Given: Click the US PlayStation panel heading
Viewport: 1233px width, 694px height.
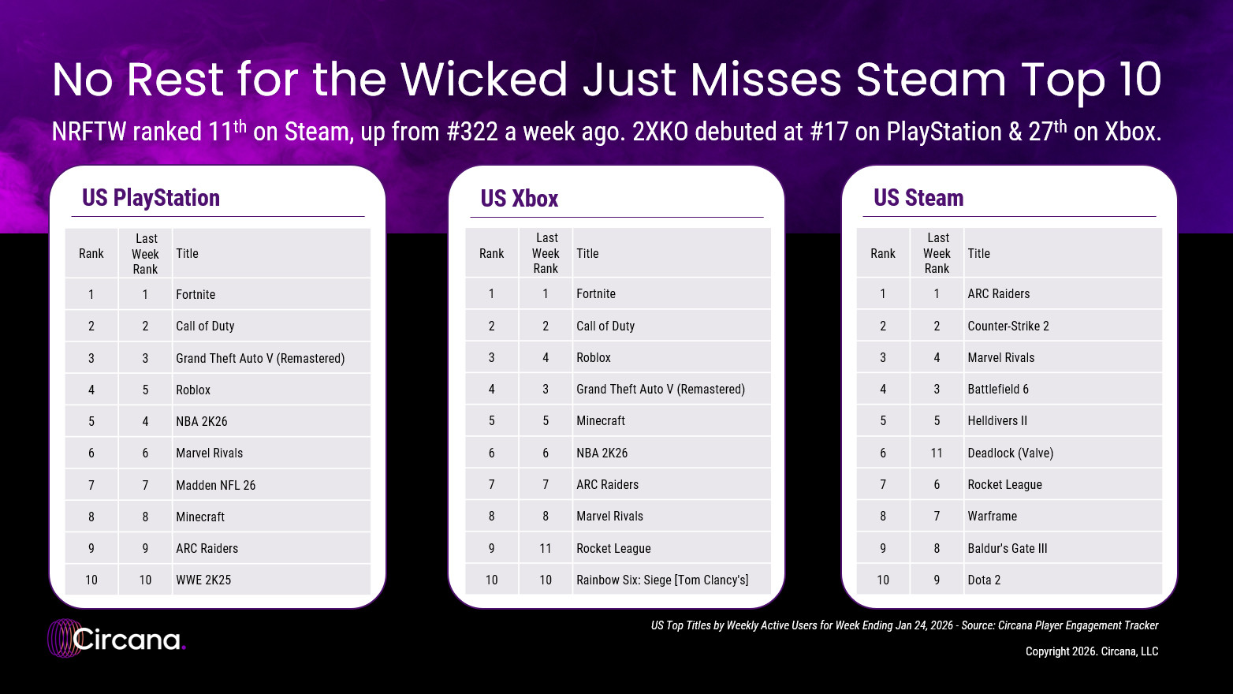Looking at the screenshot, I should click(x=151, y=198).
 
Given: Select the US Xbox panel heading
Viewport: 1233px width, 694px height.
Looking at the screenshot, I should click(x=520, y=199).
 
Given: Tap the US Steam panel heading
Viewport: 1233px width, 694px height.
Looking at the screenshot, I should click(x=918, y=198).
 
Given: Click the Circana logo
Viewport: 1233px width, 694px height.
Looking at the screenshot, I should click(x=117, y=639).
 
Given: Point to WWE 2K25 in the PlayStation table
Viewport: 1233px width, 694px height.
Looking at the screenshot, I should click(x=203, y=580).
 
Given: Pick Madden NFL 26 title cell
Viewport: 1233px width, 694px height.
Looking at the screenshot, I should click(x=215, y=485).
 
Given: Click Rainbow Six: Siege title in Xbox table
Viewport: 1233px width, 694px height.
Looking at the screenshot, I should click(x=662, y=580).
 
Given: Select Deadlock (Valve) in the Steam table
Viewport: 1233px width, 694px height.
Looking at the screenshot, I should click(x=1010, y=453).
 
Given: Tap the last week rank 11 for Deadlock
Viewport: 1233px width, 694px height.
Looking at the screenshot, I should click(x=937, y=453).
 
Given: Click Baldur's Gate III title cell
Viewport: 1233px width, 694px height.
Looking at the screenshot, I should click(x=1008, y=549).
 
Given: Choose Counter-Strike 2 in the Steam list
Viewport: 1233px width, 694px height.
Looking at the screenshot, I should click(x=1008, y=326).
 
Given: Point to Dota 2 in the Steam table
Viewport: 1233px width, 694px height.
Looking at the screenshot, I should click(x=984, y=580).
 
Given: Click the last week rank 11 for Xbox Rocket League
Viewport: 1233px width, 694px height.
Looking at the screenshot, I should click(x=546, y=549).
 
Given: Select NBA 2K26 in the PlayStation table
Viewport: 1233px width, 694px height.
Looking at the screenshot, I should click(x=202, y=422).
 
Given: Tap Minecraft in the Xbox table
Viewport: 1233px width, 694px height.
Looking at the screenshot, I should click(x=601, y=421).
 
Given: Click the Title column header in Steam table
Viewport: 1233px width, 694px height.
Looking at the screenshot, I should click(x=979, y=254).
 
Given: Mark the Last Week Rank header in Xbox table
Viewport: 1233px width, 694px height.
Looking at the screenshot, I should click(x=546, y=253).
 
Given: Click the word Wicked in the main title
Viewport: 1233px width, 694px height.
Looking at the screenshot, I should click(x=484, y=80).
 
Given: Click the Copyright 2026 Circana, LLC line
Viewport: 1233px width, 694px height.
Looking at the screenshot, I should click(x=1092, y=651).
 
